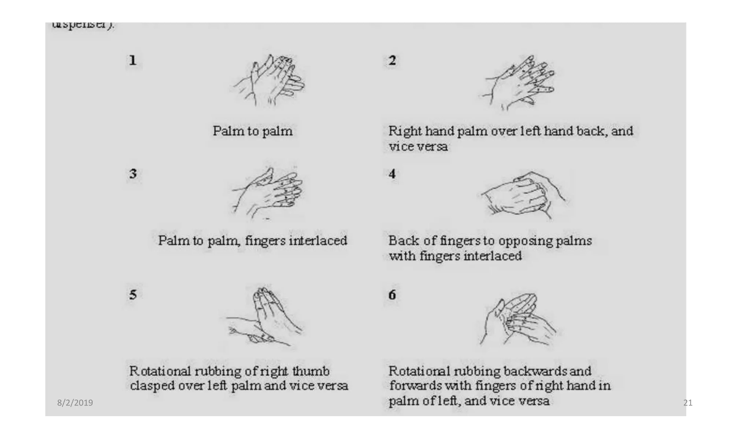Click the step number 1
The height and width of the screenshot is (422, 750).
coord(133,60)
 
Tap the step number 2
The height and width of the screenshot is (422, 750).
coord(392,60)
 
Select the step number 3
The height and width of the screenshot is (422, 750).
coord(133,173)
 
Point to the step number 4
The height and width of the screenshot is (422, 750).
coord(392,173)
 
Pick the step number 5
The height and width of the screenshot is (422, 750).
coord(133,294)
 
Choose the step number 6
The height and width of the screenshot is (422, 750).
coord(392,295)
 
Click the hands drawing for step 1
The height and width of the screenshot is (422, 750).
coord(270,81)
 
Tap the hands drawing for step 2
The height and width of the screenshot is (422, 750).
coord(518,82)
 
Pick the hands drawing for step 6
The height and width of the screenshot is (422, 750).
coord(518,319)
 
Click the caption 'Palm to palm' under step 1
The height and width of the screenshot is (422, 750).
coord(253,131)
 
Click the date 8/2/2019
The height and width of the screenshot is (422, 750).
coord(75,403)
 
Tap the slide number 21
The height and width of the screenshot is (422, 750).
coord(688,403)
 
